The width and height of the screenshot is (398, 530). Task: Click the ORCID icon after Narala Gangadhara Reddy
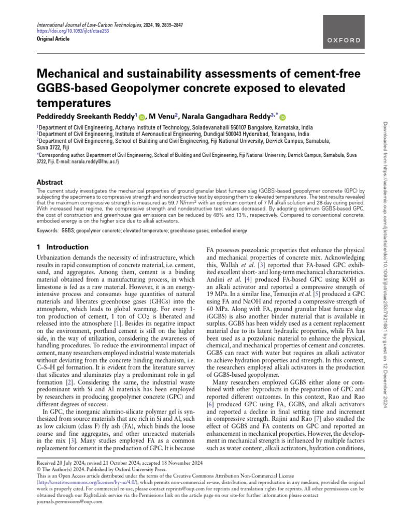tap(283, 117)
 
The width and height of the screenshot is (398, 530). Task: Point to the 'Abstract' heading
tap(49, 183)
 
